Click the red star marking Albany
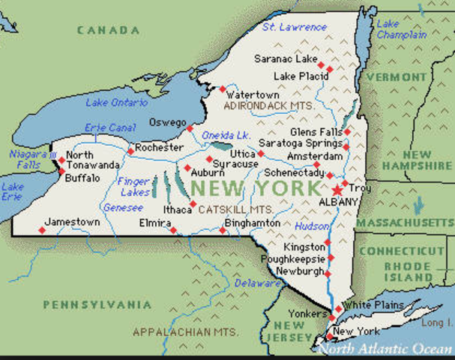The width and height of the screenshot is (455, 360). click(x=337, y=190)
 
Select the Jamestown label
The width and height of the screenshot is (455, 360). click(x=72, y=222)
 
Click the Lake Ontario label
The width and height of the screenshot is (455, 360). click(x=117, y=103)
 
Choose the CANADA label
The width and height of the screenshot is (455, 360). click(x=108, y=30)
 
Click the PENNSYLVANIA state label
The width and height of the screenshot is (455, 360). click(x=97, y=304)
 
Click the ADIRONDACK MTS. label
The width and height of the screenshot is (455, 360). click(x=265, y=107)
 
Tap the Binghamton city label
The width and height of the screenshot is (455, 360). click(x=252, y=223)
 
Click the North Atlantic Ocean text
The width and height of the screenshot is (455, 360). click(x=385, y=349)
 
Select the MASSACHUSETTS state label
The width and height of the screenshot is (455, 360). click(x=405, y=223)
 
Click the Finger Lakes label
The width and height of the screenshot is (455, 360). click(x=136, y=187)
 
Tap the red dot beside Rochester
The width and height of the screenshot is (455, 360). click(x=130, y=151)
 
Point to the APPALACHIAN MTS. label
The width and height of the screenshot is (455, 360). click(x=185, y=331)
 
